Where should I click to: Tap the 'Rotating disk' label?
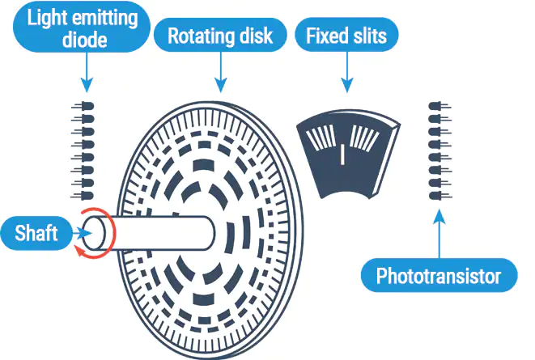(x=219, y=36)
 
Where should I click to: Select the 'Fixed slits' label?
(x=346, y=36)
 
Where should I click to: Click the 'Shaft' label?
(x=36, y=234)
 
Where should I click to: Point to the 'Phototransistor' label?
(x=439, y=277)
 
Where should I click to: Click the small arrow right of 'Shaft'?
(x=79, y=233)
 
